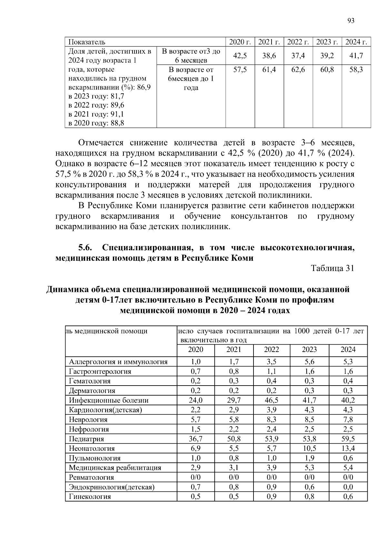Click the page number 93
351,21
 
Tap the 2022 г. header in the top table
298,42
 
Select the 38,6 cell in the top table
269,56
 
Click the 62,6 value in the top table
298,69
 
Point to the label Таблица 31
332,268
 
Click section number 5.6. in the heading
85,248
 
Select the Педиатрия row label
86,439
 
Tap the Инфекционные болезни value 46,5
272,400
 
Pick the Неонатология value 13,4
348,449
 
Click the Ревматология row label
91,477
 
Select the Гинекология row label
90,497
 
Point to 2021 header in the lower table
234,349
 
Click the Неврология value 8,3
272,420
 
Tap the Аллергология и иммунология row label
118,362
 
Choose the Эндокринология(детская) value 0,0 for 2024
348,487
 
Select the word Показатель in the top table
87,42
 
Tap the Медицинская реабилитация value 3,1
234,468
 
